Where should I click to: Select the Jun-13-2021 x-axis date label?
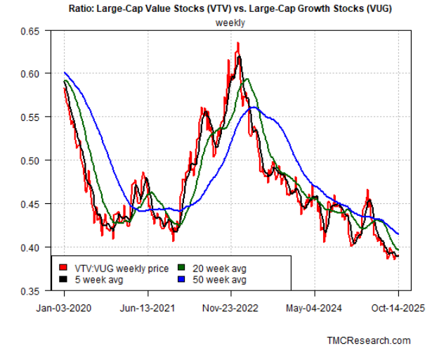point(146,307)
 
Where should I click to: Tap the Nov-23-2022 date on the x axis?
point(230,307)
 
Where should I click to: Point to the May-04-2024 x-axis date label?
point(314,307)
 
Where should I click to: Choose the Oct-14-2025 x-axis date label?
point(398,307)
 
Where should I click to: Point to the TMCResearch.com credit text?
point(369,340)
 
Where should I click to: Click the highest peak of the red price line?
point(238,44)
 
